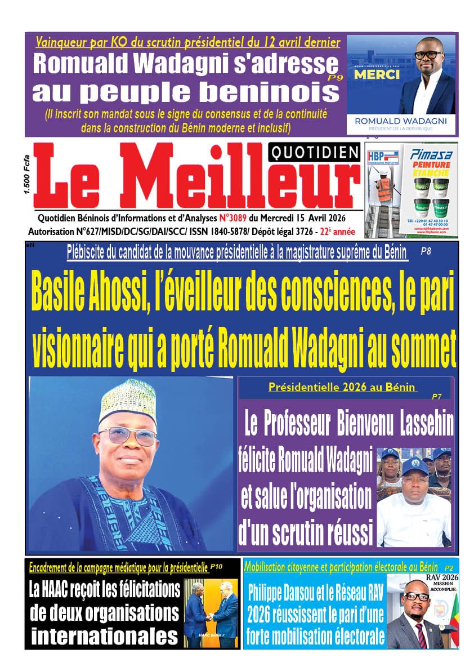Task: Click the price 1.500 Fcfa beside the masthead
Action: pos(27,176)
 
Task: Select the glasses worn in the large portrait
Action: pos(128,436)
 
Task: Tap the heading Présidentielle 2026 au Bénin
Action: pos(343,388)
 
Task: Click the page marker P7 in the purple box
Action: pos(436,397)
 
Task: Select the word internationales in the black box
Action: pos(104,636)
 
